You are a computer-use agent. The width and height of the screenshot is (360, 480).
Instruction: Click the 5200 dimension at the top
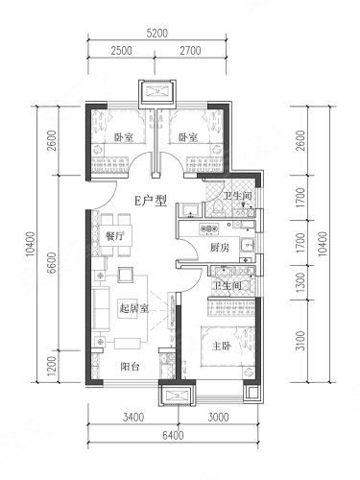pyautogui.click(x=157, y=34)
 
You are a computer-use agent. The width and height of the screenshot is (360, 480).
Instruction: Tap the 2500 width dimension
pyautogui.click(x=122, y=51)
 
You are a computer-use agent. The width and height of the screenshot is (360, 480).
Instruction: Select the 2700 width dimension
pyautogui.click(x=190, y=51)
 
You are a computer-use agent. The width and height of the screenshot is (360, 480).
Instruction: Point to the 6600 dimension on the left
pyautogui.click(x=51, y=262)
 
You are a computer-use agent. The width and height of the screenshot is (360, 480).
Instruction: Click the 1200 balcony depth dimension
pyautogui.click(x=51, y=366)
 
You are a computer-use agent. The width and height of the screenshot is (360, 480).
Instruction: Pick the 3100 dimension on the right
pyautogui.click(x=300, y=341)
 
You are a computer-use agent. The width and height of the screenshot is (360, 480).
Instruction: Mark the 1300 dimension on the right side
pyautogui.click(x=300, y=282)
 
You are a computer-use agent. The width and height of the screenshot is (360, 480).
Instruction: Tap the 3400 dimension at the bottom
pyautogui.click(x=133, y=418)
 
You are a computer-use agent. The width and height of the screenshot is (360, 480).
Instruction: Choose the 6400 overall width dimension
pyautogui.click(x=173, y=435)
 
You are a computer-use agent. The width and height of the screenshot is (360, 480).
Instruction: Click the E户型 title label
pyautogui.click(x=151, y=201)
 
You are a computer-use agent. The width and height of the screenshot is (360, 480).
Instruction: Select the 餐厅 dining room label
pyautogui.click(x=114, y=236)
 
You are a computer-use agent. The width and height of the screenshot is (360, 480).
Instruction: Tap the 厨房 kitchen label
pyautogui.click(x=220, y=248)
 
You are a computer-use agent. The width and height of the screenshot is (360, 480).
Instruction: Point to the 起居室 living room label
pyautogui.click(x=133, y=308)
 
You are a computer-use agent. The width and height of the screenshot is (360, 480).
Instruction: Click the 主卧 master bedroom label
pyautogui.click(x=222, y=346)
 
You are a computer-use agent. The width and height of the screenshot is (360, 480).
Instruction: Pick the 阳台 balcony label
pyautogui.click(x=130, y=366)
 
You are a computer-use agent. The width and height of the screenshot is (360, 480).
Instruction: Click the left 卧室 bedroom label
pyautogui.click(x=124, y=137)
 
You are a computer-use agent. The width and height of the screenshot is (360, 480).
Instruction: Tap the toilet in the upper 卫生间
pyautogui.click(x=219, y=207)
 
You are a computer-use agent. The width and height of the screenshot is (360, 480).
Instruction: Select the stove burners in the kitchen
pyautogui.click(x=209, y=228)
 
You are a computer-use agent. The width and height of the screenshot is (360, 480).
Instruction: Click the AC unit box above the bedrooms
pyautogui.click(x=157, y=93)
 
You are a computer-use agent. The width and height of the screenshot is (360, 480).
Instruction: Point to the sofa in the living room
pyautogui.click(x=101, y=309)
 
